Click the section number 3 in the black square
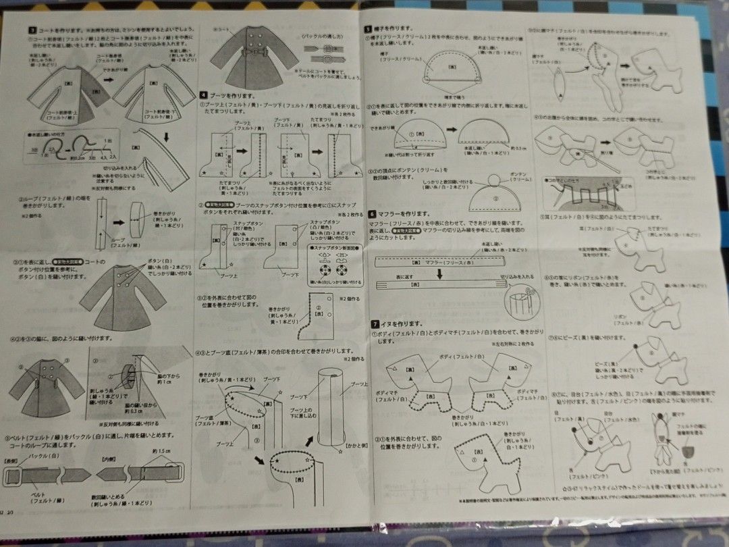(32, 30)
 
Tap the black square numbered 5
(368, 29)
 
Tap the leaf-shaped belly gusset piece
(559, 88)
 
